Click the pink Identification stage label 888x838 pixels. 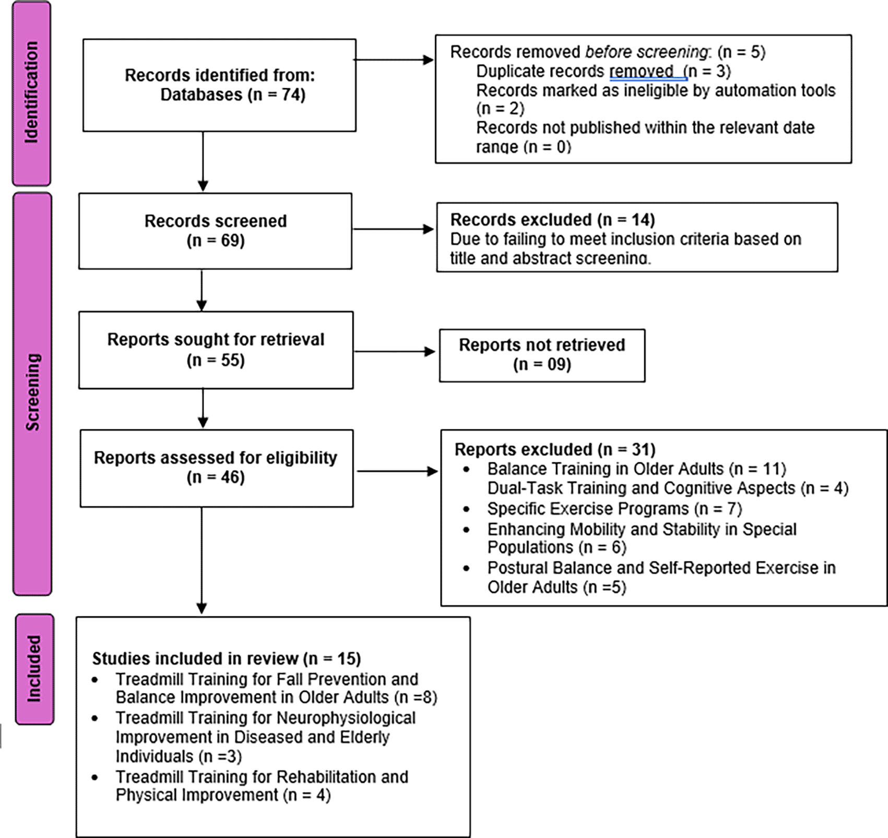coord(31,93)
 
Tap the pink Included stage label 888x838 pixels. coord(34,669)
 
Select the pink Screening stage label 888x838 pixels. coord(32,393)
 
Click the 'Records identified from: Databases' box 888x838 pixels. coord(219,85)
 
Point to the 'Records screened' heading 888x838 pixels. coord(216,221)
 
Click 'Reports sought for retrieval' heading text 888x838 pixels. coord(216,340)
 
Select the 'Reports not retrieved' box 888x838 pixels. coord(542,355)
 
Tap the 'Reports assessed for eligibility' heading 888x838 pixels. coord(216,458)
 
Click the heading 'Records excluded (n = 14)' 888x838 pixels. coord(552,219)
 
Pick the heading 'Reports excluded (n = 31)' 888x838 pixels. coord(555,449)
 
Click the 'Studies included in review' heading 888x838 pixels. coord(227,659)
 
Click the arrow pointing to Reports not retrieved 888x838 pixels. coord(395,352)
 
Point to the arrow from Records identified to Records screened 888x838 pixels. coord(203,162)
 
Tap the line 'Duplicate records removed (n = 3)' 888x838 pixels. coord(603,71)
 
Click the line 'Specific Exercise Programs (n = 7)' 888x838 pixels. coord(614,508)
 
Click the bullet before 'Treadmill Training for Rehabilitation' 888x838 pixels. coord(94,777)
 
